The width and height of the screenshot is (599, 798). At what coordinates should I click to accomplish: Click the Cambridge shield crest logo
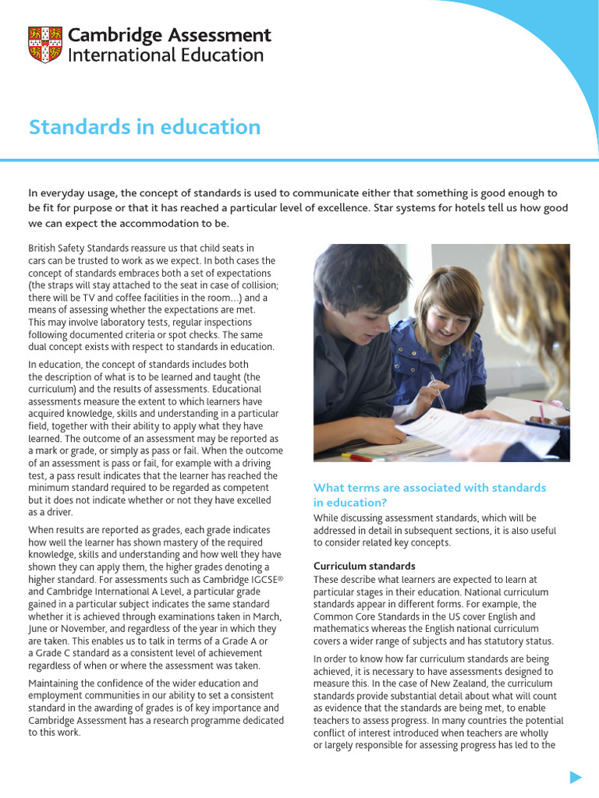click(x=45, y=45)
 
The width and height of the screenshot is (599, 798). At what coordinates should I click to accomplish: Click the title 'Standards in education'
click(x=144, y=127)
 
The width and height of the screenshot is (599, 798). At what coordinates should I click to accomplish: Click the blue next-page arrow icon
click(x=576, y=776)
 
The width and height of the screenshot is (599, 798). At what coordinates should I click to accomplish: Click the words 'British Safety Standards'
click(x=82, y=248)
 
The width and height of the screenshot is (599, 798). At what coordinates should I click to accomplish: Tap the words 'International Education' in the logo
click(x=166, y=55)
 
